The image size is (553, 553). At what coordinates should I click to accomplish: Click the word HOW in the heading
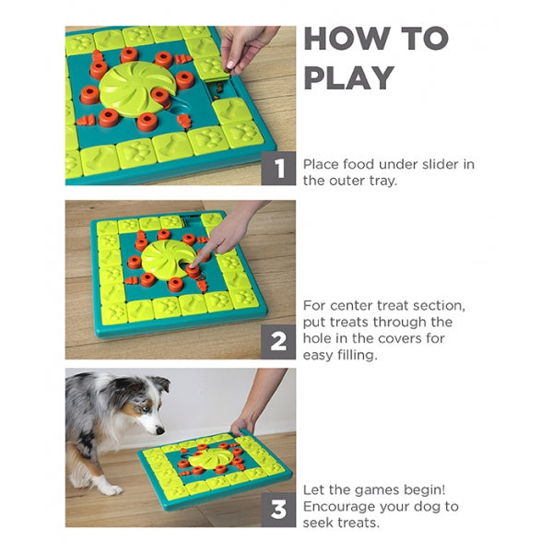click(347, 39)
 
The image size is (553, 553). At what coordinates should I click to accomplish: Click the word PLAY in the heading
click(349, 78)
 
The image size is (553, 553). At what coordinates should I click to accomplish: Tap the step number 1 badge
click(278, 169)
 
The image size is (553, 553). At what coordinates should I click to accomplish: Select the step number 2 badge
click(278, 342)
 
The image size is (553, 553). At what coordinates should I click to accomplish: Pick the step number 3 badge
click(278, 510)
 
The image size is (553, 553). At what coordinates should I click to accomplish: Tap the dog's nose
click(160, 430)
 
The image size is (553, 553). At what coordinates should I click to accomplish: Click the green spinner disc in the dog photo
click(210, 458)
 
